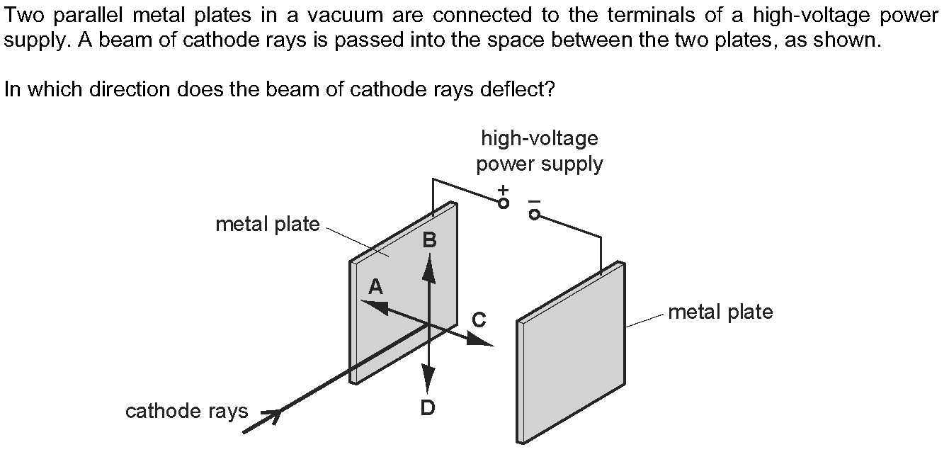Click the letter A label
375,286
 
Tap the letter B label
429,241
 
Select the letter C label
479,320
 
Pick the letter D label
427,408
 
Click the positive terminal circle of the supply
504,203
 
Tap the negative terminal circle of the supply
535,214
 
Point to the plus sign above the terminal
503,190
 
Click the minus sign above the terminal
534,201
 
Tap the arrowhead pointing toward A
373,306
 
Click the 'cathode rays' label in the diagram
186,411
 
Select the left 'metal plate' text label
267,225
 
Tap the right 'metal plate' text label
720,312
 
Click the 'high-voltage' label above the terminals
539,138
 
